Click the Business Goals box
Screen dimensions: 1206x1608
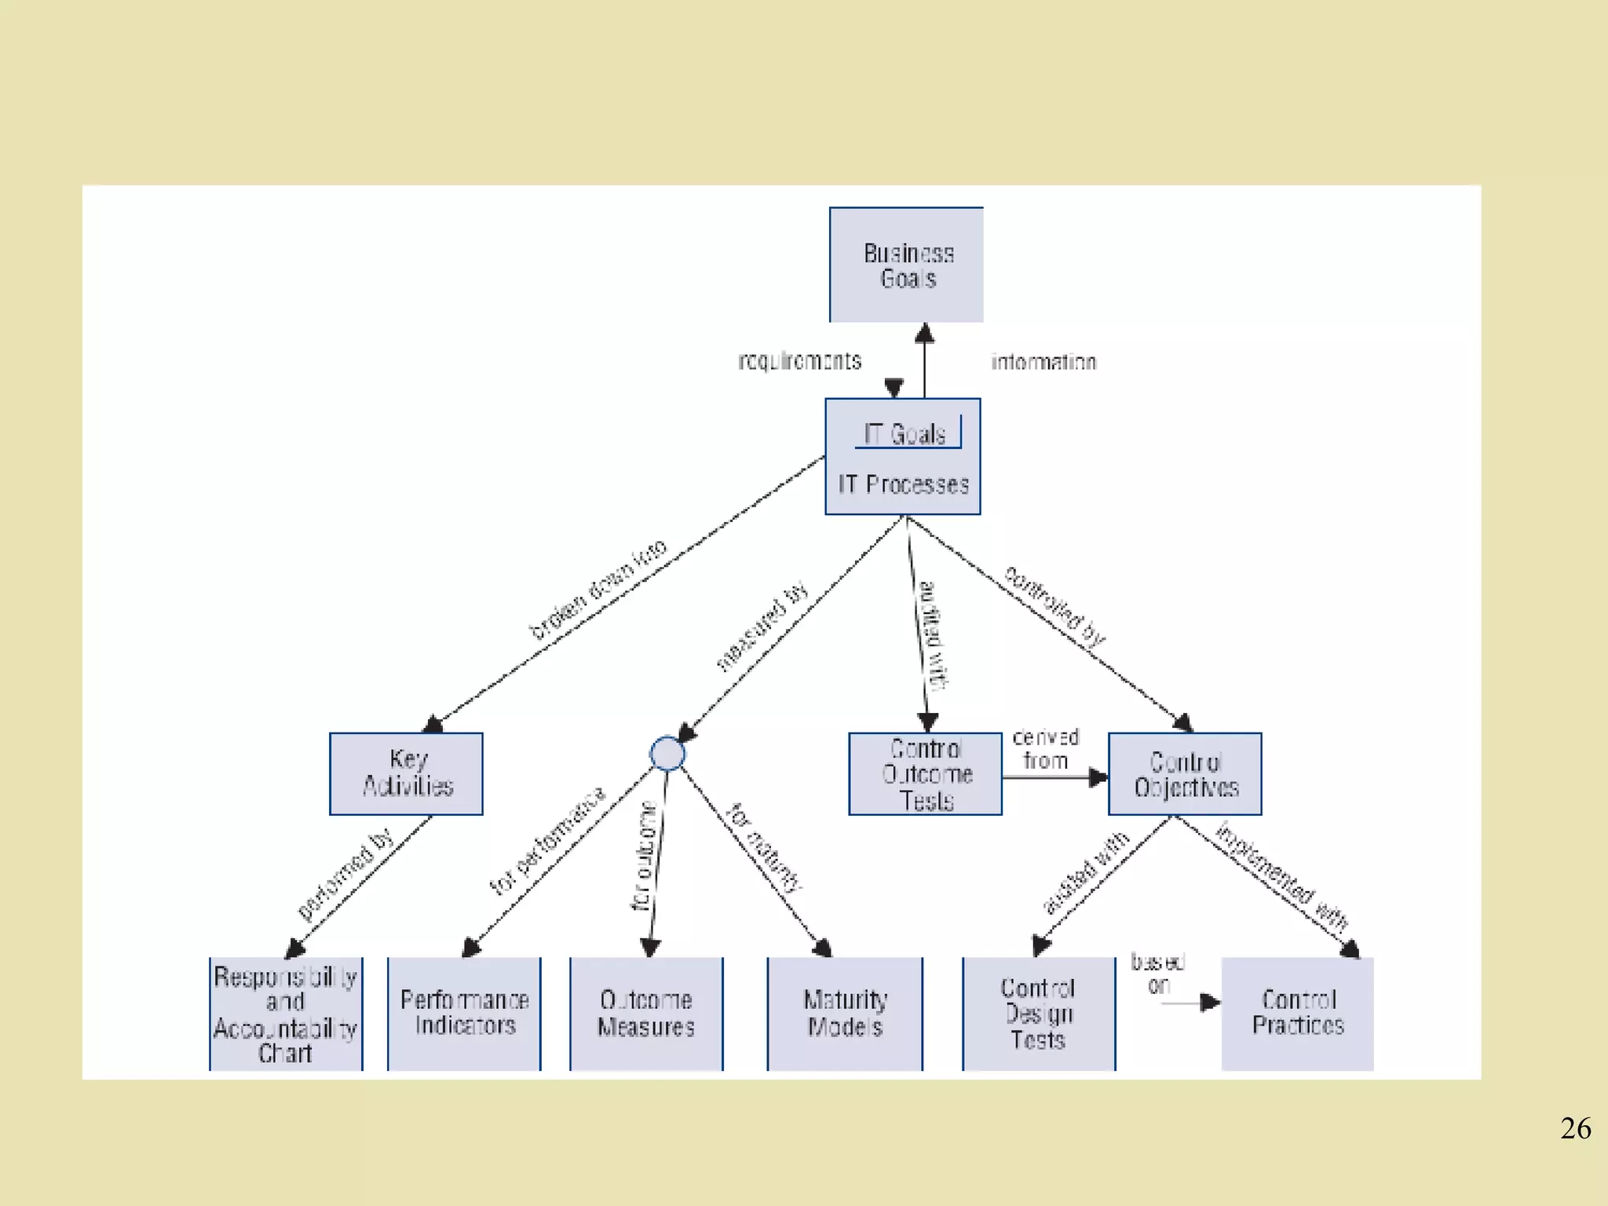pos(906,265)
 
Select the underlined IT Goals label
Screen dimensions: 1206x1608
pos(905,434)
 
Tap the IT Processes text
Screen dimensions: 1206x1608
pos(903,484)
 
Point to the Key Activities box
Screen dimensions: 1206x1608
pos(406,773)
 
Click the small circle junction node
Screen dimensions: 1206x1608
pos(667,754)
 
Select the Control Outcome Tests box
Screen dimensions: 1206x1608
pos(926,774)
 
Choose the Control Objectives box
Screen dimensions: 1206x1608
pos(1185,774)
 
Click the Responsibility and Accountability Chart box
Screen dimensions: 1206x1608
pos(286,1014)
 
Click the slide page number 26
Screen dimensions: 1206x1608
pos(1575,1128)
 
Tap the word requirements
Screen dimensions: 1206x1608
pos(799,361)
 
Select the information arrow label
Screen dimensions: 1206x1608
pos(1043,362)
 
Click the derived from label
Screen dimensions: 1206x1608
pos(1045,749)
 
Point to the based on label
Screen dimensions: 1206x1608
pos(1158,973)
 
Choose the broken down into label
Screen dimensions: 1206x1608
pos(598,589)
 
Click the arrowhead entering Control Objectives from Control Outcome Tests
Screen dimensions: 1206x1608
pos(1098,777)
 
